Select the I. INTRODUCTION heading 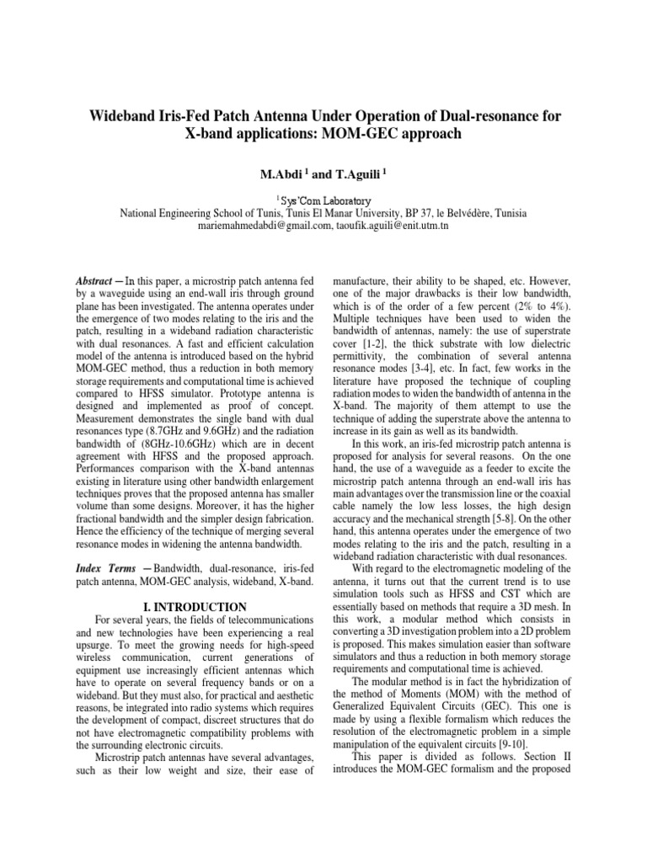click(195, 607)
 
